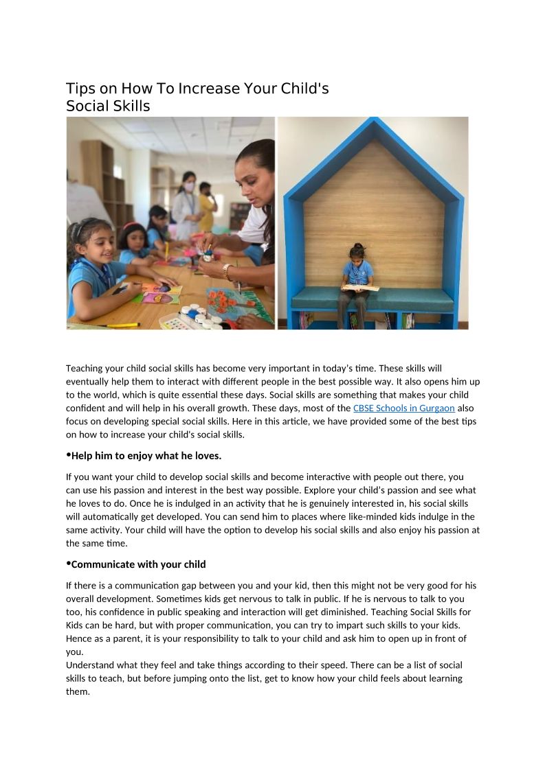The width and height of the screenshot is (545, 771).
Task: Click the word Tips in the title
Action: click(x=80, y=89)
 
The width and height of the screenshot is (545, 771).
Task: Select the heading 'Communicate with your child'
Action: click(x=138, y=564)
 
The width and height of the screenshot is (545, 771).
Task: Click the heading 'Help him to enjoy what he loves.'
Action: click(x=146, y=456)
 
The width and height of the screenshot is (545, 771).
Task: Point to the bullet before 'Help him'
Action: click(x=68, y=454)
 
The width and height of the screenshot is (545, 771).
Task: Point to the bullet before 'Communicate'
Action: click(x=68, y=563)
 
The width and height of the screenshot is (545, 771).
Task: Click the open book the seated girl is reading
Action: click(x=360, y=288)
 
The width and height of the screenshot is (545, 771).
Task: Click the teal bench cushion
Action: click(x=372, y=300)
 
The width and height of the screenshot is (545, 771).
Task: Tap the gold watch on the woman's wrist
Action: click(x=227, y=271)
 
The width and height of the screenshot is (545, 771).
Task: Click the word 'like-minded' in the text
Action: click(x=388, y=517)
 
